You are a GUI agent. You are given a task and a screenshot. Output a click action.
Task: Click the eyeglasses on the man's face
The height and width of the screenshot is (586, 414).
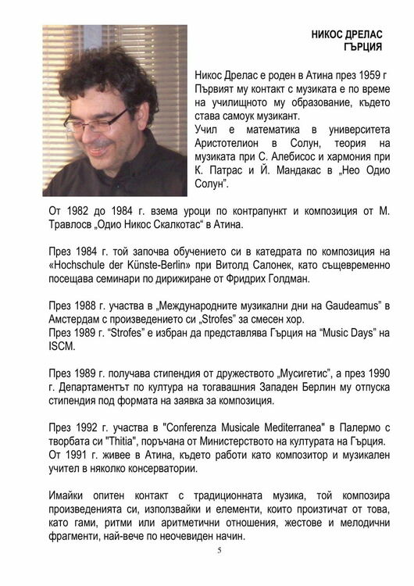pyautogui.click(x=105, y=123)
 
